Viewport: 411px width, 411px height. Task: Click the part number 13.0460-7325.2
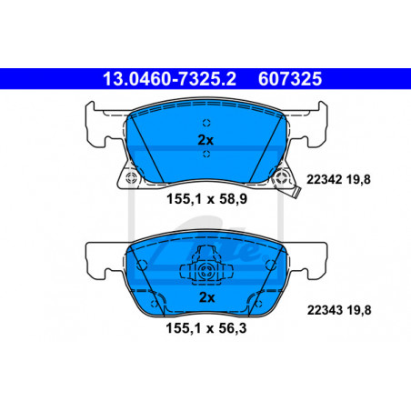169,79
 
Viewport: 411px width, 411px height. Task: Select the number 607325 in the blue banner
290,79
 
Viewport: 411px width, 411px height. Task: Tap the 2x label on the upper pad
205,140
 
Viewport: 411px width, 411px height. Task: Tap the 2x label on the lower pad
207,297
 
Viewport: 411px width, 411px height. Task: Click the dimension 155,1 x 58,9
207,199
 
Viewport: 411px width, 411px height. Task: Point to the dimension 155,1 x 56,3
206,328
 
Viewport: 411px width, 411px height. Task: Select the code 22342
325,179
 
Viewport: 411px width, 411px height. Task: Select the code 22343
325,310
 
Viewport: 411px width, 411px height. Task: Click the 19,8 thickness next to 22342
358,179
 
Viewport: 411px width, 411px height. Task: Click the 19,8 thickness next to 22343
359,310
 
